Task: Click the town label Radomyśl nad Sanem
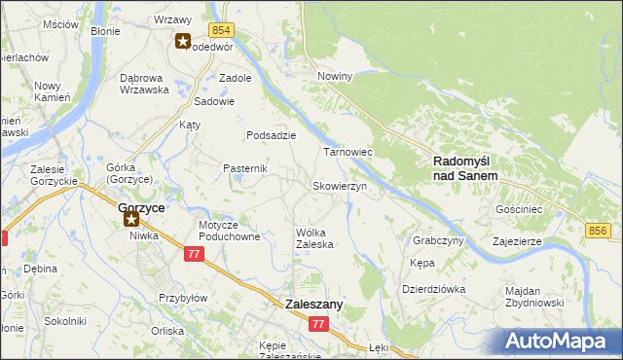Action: click(464, 168)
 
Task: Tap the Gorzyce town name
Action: click(141, 207)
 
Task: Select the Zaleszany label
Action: click(314, 305)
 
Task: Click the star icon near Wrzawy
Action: click(182, 41)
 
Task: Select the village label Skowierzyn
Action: click(339, 187)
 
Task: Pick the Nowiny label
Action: click(334, 75)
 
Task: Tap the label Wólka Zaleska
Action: click(314, 238)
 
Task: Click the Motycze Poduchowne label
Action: click(230, 231)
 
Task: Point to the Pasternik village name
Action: click(245, 168)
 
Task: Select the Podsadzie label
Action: click(271, 135)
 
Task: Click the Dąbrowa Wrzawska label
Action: click(144, 83)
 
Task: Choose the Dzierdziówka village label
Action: click(434, 289)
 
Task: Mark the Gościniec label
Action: click(519, 209)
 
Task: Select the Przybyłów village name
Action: click(183, 299)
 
